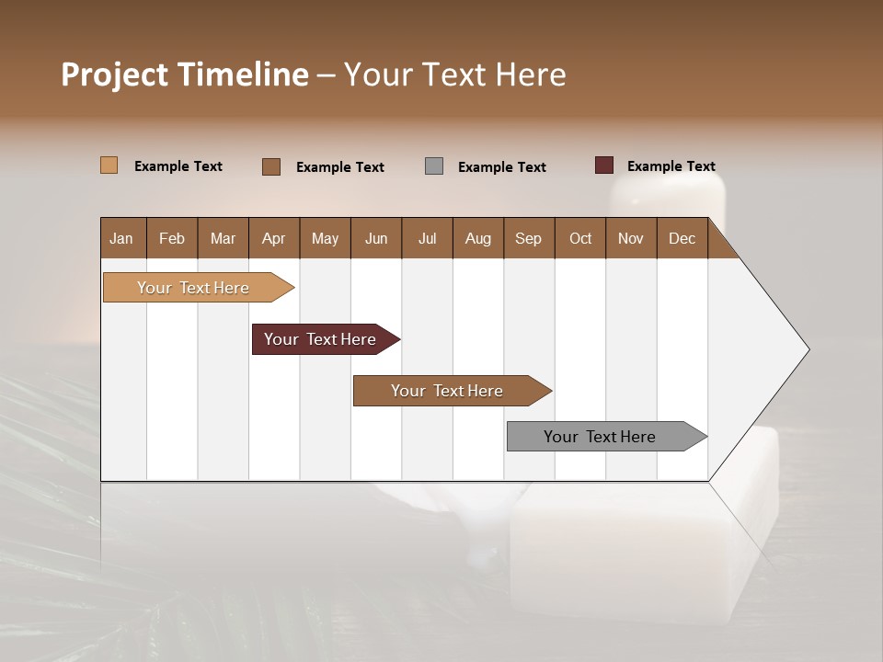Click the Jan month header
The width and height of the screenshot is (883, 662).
pyautogui.click(x=121, y=239)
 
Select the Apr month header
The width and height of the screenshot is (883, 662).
pyautogui.click(x=274, y=239)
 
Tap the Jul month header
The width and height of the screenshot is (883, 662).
pyautogui.click(x=428, y=239)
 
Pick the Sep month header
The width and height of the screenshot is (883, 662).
pyautogui.click(x=528, y=239)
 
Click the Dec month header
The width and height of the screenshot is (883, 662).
pyautogui.click(x=682, y=239)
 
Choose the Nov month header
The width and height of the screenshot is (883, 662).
pyautogui.click(x=631, y=239)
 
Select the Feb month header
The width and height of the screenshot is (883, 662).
pyautogui.click(x=172, y=239)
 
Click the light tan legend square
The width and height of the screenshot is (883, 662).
pyautogui.click(x=109, y=165)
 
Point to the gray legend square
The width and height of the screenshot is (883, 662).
pyautogui.click(x=434, y=166)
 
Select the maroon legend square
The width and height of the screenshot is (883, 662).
pyautogui.click(x=603, y=165)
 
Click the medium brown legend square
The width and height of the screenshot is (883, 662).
pyautogui.click(x=270, y=166)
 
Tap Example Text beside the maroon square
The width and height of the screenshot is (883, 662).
pyautogui.click(x=671, y=166)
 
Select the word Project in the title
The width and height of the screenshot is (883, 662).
pyautogui.click(x=114, y=74)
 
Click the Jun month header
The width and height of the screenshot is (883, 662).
pyautogui.click(x=376, y=239)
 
